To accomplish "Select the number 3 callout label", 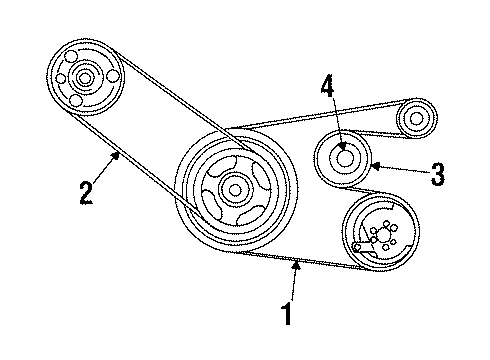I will [x=437, y=176].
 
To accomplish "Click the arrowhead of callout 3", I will [x=372, y=166].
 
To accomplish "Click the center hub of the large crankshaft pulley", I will [x=235, y=186].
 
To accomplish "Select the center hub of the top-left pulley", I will [x=82, y=77].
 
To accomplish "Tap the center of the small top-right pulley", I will [x=412, y=119].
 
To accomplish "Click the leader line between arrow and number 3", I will [x=399, y=171].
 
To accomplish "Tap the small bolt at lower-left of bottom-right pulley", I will [x=357, y=246].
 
